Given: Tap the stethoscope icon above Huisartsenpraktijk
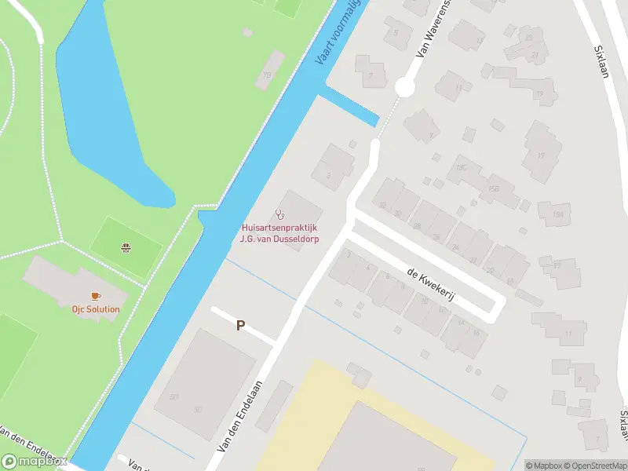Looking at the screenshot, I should (279, 214).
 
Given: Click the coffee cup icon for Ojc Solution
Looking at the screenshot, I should (97, 296).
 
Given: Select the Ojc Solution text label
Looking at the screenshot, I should (97, 309).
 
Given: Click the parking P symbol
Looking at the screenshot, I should (241, 325).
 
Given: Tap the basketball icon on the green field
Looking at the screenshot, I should (125, 249).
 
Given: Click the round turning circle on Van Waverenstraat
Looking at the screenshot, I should (404, 87).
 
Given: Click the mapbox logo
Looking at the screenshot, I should (35, 461).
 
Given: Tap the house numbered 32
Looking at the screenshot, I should (383, 203).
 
